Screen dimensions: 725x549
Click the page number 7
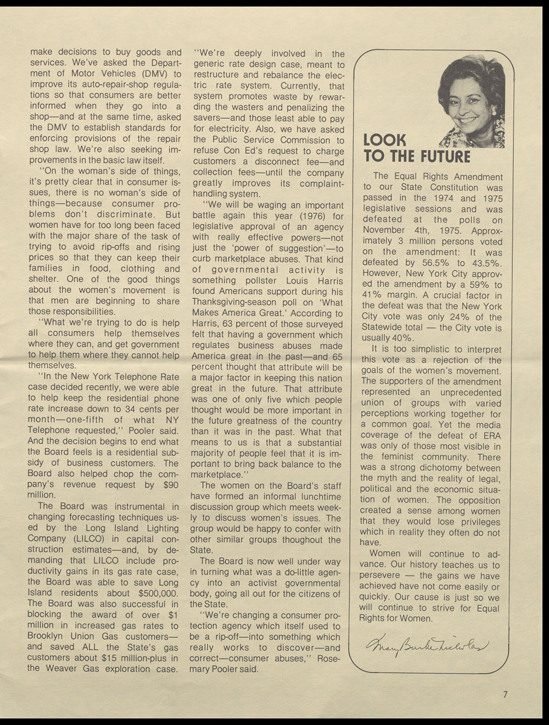tap(505, 694)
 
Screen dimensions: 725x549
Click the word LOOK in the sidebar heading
tap(385, 140)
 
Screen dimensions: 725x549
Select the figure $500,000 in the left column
tap(158, 593)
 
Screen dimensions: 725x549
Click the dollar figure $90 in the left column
tap(171, 484)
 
